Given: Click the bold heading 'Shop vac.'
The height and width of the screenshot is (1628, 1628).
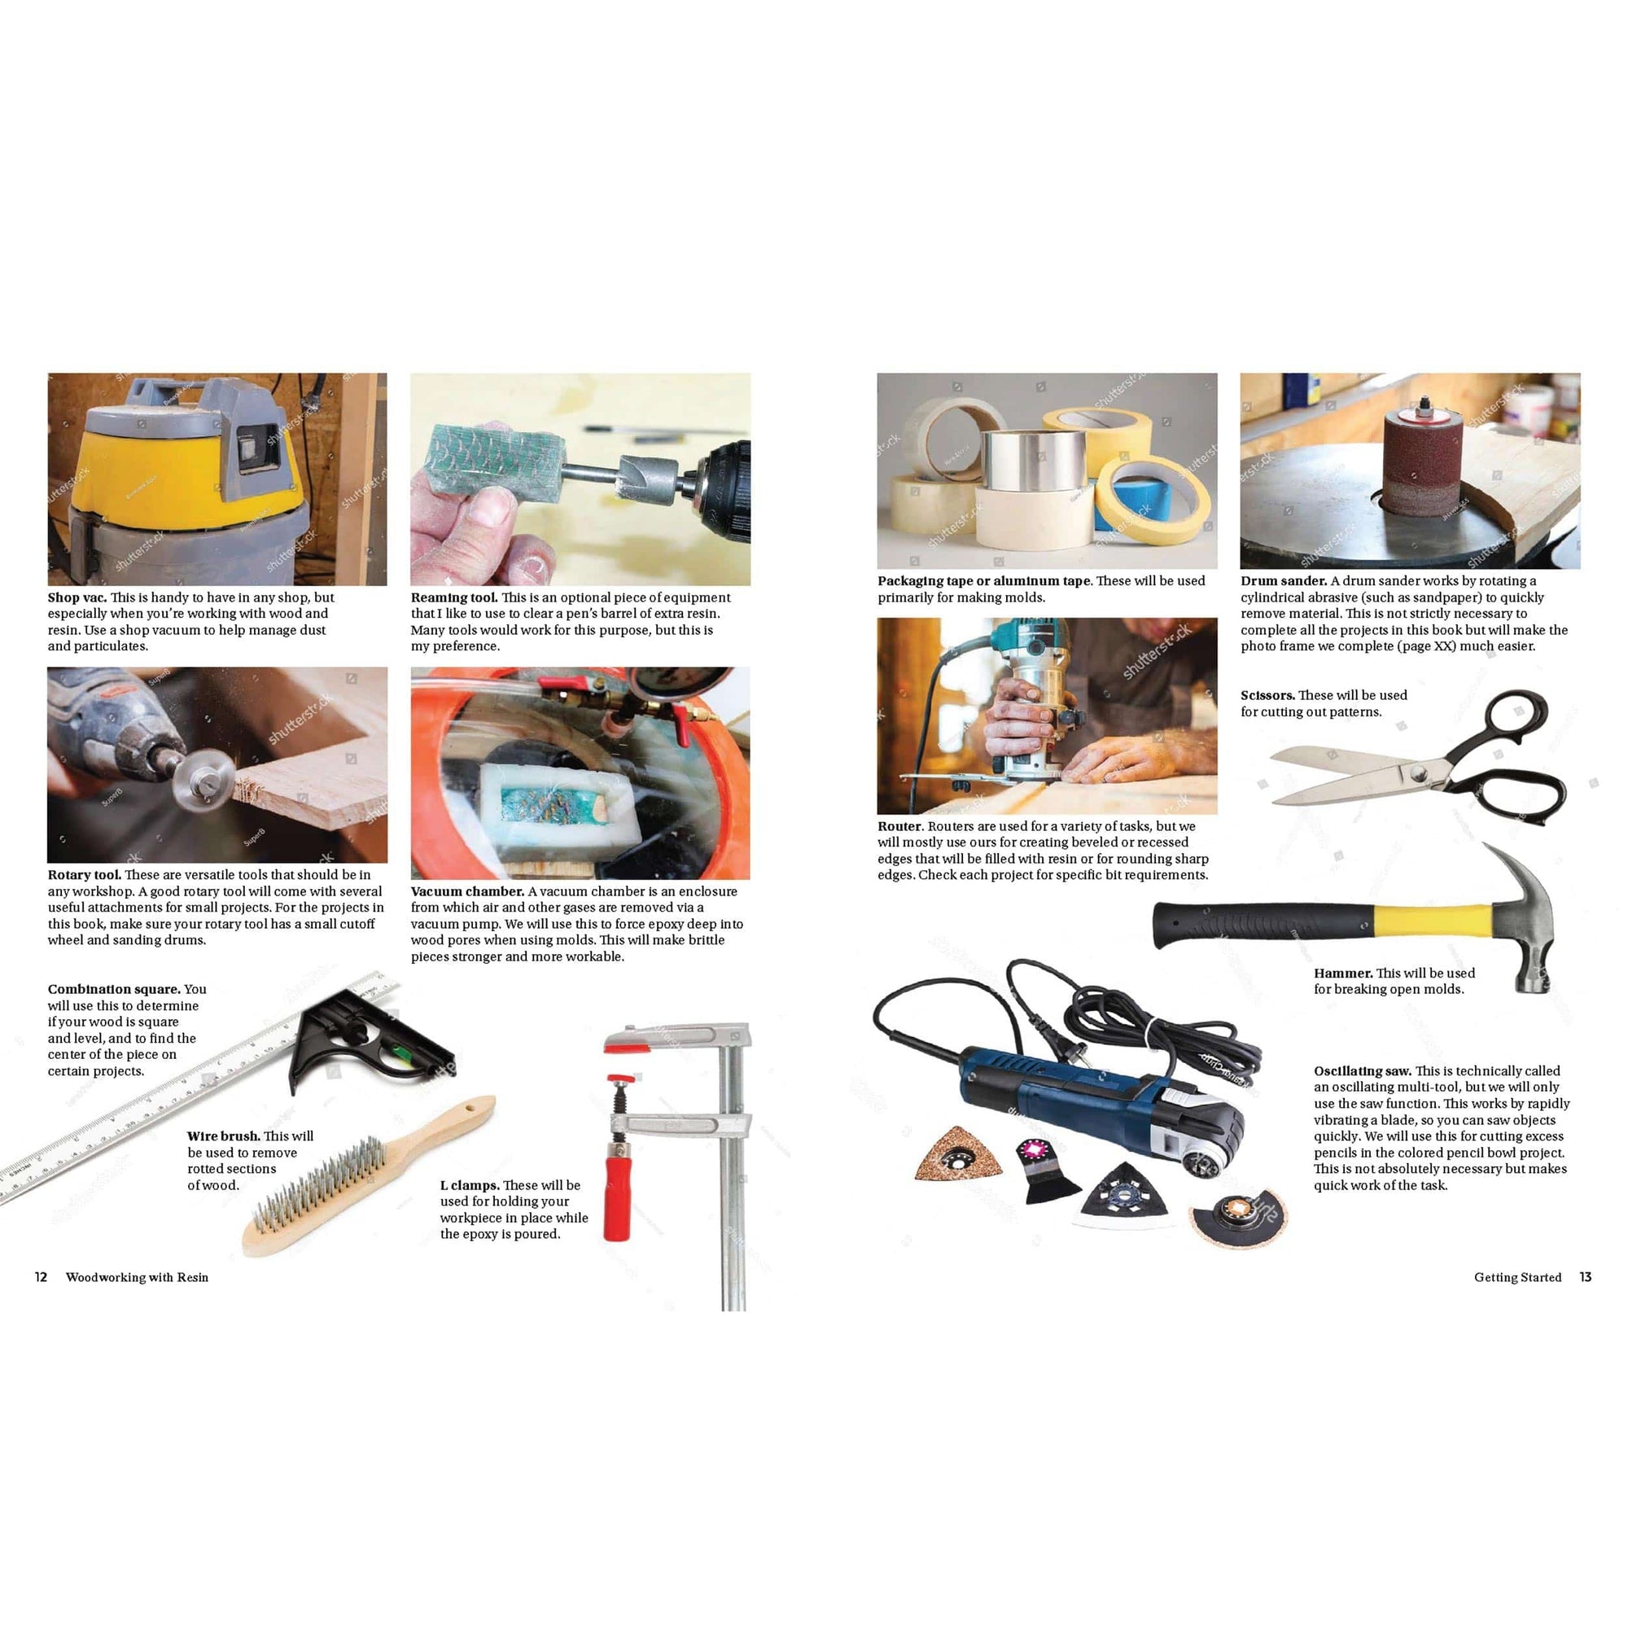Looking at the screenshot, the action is [x=77, y=597].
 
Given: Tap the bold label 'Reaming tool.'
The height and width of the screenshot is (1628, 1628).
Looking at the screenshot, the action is [x=454, y=597].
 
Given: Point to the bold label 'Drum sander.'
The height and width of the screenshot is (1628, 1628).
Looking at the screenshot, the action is [x=1284, y=580].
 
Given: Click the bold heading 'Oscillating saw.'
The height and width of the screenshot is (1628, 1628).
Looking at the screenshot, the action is [x=1363, y=1071].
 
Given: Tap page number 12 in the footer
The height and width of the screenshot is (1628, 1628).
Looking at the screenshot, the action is [x=41, y=1277].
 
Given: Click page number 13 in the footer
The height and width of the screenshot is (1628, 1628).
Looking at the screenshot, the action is [x=1585, y=1277].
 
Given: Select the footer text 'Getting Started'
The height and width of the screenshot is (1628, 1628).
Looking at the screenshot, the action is [x=1517, y=1277].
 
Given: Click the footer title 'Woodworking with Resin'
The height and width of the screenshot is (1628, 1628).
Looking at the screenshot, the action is [x=138, y=1277].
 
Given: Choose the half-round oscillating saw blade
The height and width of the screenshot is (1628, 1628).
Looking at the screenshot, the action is [x=1238, y=1222].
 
